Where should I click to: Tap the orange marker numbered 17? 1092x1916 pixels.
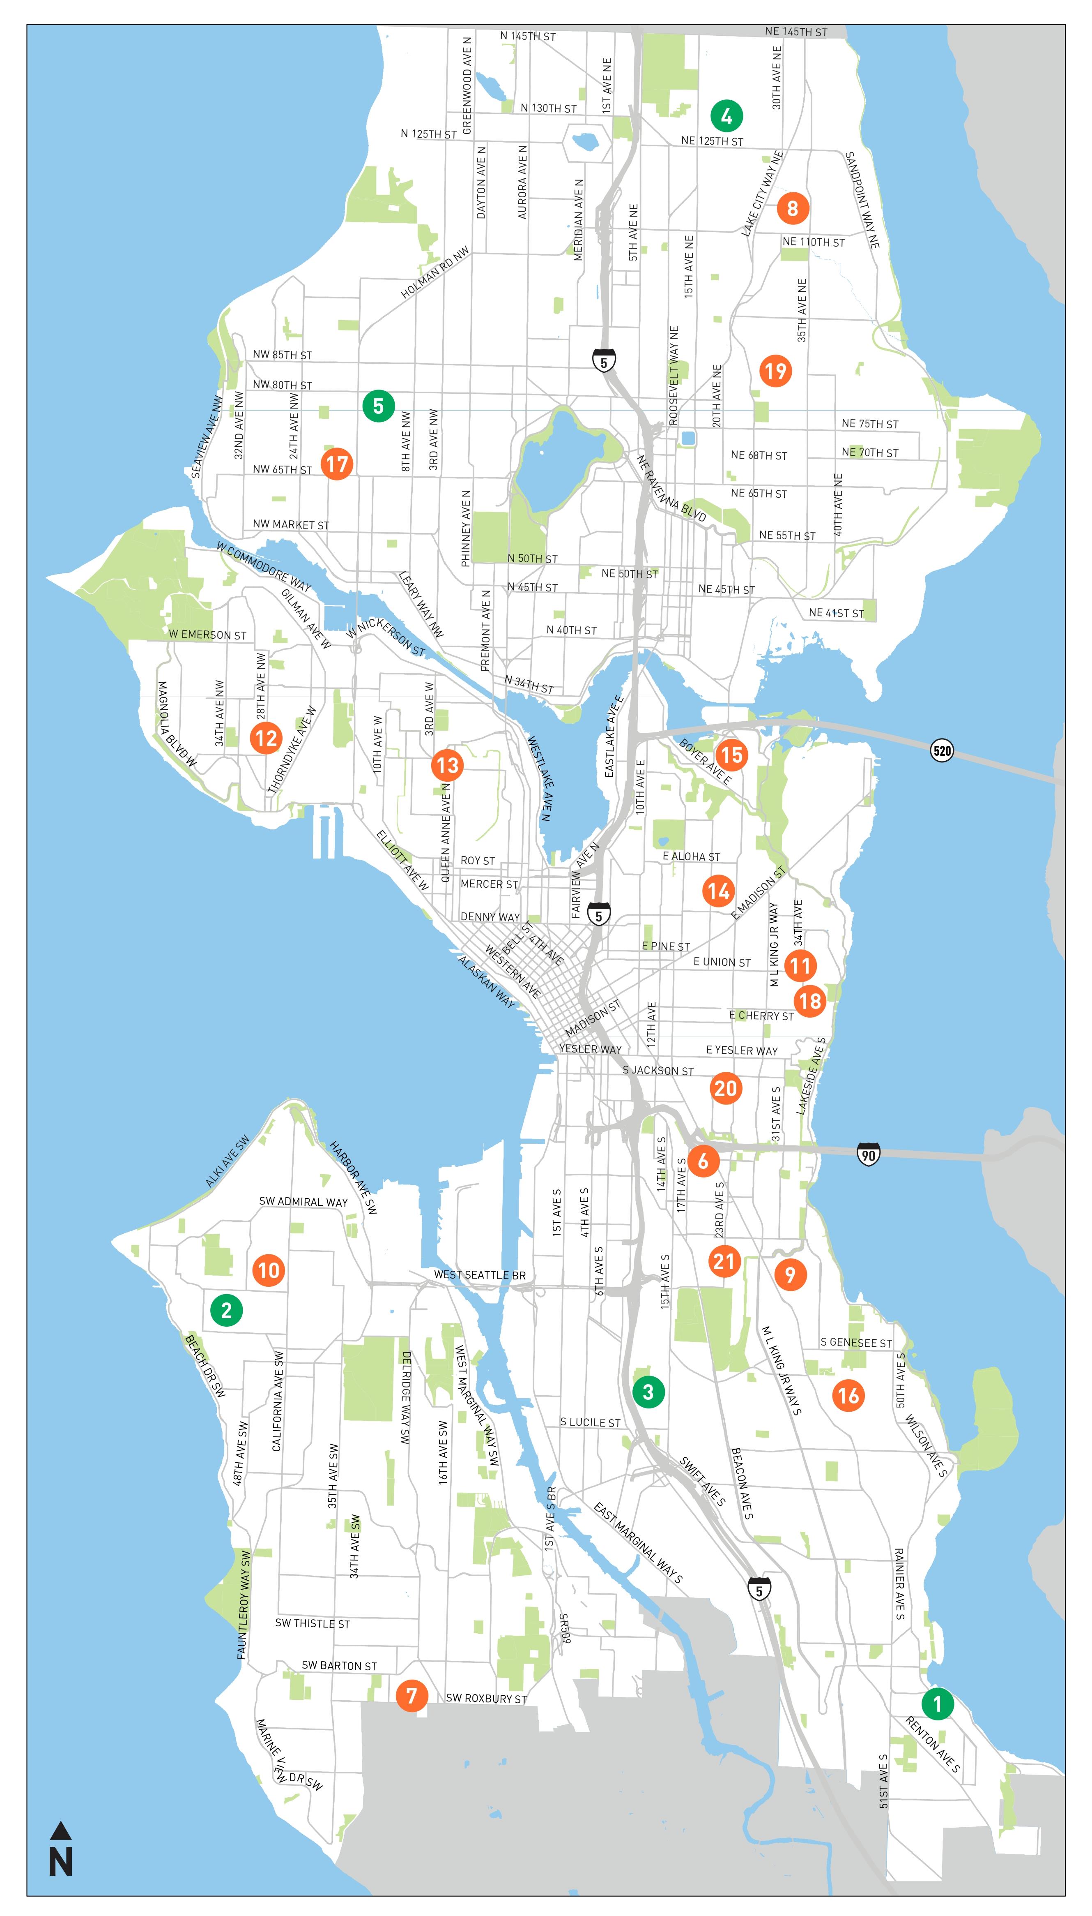337,464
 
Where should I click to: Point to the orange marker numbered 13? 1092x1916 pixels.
447,766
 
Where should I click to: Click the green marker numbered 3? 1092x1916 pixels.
648,1392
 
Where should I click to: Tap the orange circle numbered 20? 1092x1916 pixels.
725,1088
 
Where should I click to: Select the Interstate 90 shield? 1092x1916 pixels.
868,1154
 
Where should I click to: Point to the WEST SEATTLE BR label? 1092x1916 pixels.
479,1275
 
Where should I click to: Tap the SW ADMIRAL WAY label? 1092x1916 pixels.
303,1202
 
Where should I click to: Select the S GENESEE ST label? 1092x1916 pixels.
856,1343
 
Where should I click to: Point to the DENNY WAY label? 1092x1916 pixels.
490,916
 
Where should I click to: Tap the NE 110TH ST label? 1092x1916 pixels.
813,242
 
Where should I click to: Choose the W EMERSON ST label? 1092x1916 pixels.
207,635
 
